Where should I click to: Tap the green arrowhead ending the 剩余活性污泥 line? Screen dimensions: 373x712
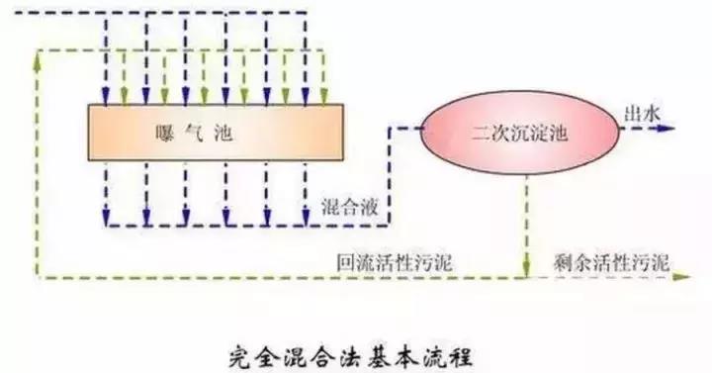[x=682, y=278]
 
